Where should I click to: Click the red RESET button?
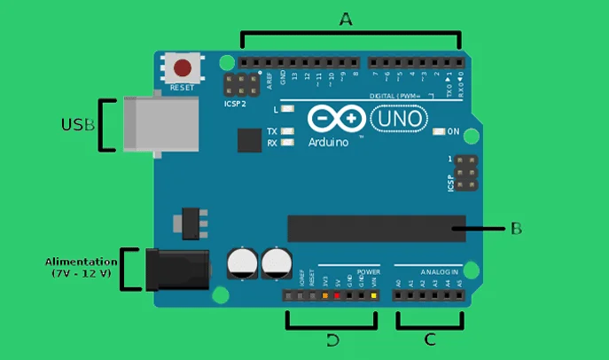(183, 67)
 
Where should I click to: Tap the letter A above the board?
(346, 19)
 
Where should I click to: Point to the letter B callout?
(516, 228)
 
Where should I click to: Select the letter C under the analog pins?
(431, 339)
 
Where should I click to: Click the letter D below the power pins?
(332, 340)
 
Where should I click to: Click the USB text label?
(77, 125)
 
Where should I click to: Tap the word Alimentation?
(81, 262)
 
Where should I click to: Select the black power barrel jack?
(176, 270)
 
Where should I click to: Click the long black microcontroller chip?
(376, 228)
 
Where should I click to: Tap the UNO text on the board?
(399, 118)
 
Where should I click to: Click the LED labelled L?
(286, 110)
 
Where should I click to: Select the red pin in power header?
(338, 294)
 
